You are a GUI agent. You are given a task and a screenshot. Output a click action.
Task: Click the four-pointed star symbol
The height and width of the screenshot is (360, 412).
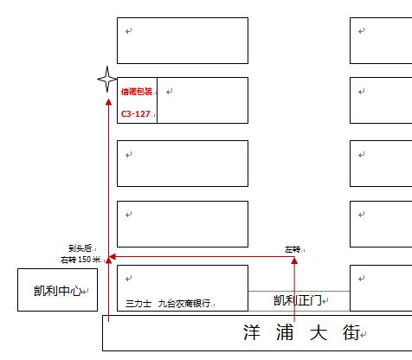click(x=107, y=79)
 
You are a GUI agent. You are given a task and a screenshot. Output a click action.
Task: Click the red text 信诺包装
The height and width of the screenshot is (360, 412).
click(x=137, y=92)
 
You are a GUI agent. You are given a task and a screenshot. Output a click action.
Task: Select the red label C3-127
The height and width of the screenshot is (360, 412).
click(x=136, y=114)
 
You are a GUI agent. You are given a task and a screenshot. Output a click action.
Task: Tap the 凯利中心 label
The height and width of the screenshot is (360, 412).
click(x=58, y=291)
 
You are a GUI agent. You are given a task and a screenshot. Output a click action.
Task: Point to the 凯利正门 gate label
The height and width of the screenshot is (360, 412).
click(x=298, y=300)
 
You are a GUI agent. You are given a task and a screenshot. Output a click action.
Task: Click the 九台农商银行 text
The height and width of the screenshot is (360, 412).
click(x=184, y=304)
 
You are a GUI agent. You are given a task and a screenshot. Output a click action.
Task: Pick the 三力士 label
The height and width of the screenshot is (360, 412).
click(x=138, y=304)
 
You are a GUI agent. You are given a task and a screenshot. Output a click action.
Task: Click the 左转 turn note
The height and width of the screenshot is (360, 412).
click(x=293, y=249)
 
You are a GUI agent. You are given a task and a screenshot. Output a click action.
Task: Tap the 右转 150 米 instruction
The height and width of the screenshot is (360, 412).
click(x=80, y=260)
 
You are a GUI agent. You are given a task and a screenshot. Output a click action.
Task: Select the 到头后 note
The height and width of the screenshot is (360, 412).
click(x=80, y=248)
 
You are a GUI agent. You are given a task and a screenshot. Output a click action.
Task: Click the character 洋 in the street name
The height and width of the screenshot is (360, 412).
click(x=252, y=332)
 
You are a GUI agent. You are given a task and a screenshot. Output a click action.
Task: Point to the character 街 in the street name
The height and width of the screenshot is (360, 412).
click(x=351, y=332)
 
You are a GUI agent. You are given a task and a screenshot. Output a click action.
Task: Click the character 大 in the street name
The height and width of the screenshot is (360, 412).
click(x=319, y=332)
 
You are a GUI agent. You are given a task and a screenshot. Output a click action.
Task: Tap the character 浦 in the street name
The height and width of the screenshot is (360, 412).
click(x=285, y=332)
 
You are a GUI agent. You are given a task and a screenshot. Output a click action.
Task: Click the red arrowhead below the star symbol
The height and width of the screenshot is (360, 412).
click(x=108, y=102)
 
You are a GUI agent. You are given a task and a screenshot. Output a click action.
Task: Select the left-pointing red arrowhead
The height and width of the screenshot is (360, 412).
click(x=113, y=256)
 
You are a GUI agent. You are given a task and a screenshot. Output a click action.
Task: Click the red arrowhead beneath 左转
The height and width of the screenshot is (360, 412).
click(x=294, y=260)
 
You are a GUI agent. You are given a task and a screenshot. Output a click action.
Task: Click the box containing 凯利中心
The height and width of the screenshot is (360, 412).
click(x=58, y=269)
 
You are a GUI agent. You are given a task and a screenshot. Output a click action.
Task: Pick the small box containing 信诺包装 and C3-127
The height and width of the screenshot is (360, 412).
click(x=157, y=100)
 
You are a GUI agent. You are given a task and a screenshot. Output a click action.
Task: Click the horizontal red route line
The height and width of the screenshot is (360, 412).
click(x=202, y=256)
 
